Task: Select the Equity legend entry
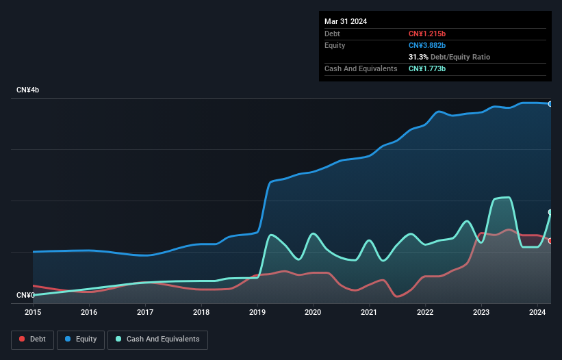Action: click(81, 339)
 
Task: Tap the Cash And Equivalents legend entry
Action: click(157, 339)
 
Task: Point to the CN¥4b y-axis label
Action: click(28, 90)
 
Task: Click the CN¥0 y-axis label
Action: click(25, 295)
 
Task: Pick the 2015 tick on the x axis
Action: click(33, 312)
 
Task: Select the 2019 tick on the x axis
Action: click(257, 312)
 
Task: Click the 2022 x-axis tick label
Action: click(425, 312)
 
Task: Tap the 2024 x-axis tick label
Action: click(537, 312)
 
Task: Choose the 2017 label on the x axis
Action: click(145, 312)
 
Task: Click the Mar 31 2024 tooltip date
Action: click(346, 21)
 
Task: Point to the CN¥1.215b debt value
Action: click(427, 34)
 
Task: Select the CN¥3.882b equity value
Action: click(427, 45)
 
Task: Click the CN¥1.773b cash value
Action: click(427, 68)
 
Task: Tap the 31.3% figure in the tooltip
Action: click(418, 57)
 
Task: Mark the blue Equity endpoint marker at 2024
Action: click(550, 104)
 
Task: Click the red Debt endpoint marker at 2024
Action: click(550, 241)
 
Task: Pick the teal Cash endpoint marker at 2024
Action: click(550, 212)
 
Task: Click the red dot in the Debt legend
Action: click(23, 339)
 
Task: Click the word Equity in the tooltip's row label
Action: click(335, 45)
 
